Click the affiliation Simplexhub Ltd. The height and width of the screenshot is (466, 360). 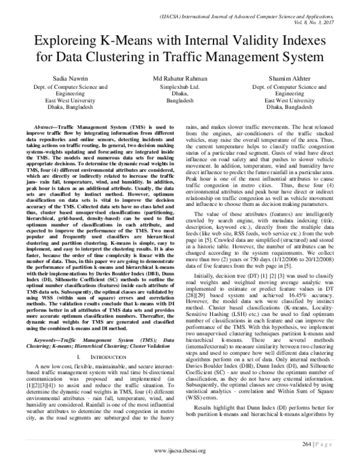tap(179, 86)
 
